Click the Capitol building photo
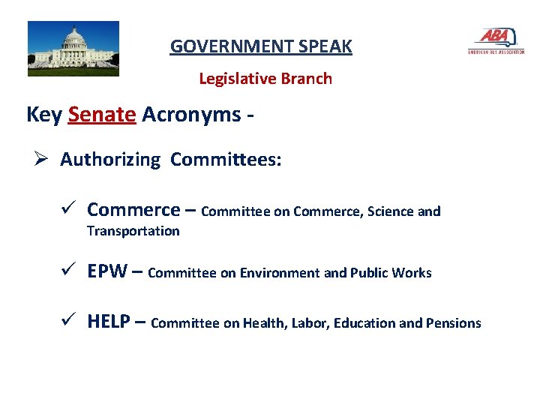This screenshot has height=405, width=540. tap(73, 49)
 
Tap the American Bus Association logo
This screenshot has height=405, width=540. tap(495, 40)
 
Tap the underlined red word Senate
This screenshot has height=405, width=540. tap(102, 115)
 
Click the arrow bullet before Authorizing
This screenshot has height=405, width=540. tap(42, 160)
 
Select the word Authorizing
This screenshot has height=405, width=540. tap(110, 160)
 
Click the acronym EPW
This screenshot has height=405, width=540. tap(107, 271)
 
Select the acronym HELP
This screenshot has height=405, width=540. tap(112, 322)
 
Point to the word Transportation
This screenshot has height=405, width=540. tap(133, 231)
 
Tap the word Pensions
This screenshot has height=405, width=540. tap(453, 323)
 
